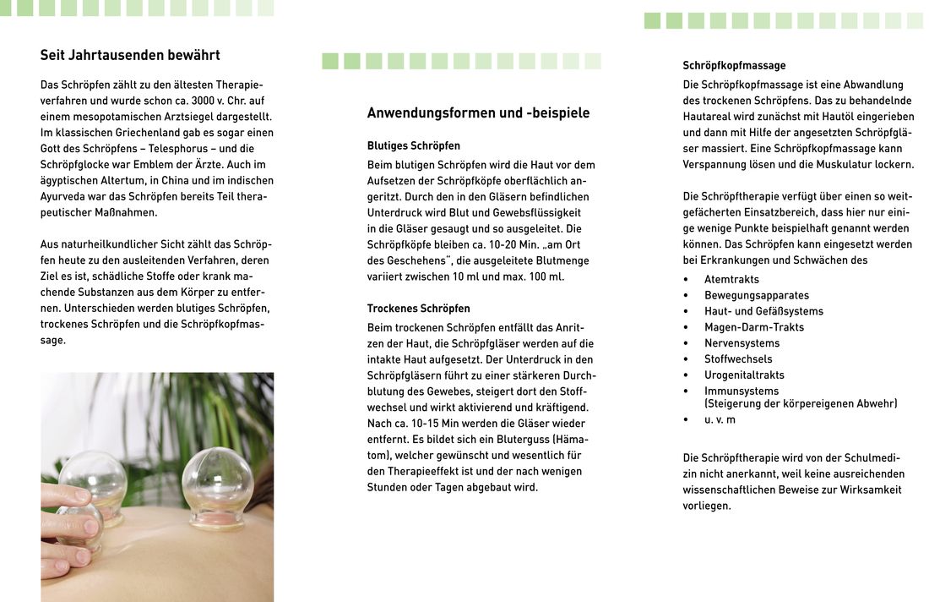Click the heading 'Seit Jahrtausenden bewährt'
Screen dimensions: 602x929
[x=130, y=56]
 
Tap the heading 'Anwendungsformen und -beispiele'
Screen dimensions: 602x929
[x=478, y=113]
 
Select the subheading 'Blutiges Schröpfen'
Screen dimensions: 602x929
[x=414, y=145]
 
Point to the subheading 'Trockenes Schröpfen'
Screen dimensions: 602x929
[x=418, y=309]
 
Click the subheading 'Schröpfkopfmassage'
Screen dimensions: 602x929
[x=734, y=65]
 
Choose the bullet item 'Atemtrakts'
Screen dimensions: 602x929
[x=731, y=279]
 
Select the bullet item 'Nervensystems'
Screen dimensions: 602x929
[x=742, y=343]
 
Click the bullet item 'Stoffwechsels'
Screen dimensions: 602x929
[x=738, y=358]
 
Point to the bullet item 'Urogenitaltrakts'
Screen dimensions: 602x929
[x=744, y=375]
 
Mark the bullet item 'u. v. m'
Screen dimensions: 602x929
[x=720, y=419]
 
